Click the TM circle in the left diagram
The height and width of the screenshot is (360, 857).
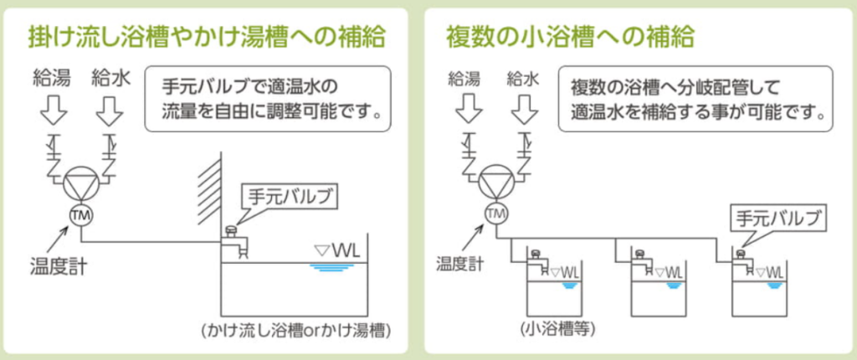point(83,213)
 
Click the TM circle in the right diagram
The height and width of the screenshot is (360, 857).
point(496,213)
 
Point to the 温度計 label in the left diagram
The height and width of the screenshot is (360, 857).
point(57,269)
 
